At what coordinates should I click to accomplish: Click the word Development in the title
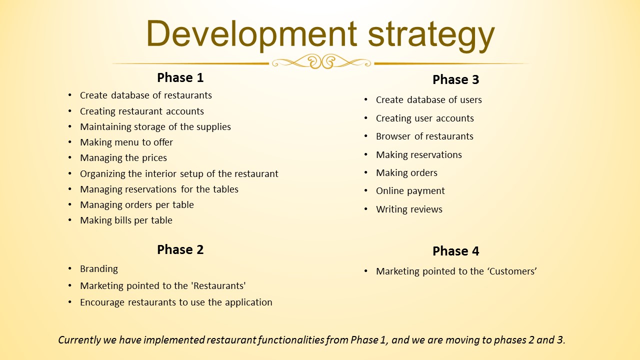click(251, 35)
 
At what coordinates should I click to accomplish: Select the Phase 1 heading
click(180, 77)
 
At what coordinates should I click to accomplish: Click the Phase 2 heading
click(180, 249)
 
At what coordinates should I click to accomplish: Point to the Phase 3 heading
click(455, 79)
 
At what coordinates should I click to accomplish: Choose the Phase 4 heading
click(455, 251)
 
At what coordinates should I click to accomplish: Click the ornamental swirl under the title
click(321, 61)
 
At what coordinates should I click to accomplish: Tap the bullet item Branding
click(99, 269)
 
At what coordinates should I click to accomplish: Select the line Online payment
click(410, 191)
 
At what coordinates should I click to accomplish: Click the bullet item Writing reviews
click(409, 209)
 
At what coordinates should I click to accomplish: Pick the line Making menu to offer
click(126, 142)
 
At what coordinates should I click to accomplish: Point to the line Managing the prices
click(123, 158)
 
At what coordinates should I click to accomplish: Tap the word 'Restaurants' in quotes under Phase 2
click(218, 285)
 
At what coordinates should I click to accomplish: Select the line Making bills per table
click(126, 220)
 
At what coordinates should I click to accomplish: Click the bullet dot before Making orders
click(365, 172)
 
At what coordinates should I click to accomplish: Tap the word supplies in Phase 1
click(213, 127)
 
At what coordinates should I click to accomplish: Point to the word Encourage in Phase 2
click(102, 302)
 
